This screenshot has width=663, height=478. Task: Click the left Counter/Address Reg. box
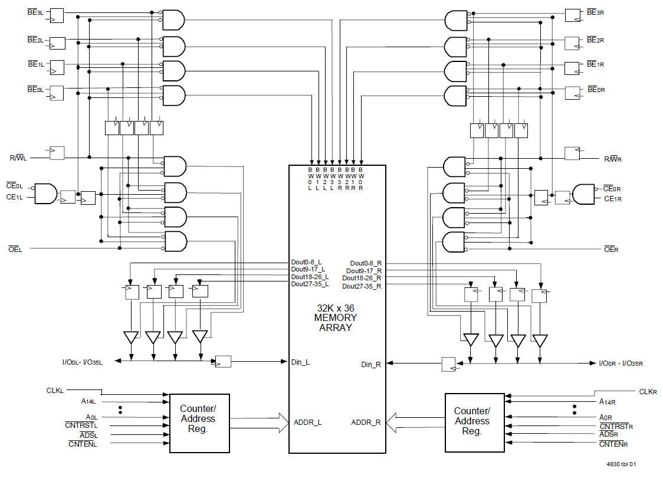pos(199,423)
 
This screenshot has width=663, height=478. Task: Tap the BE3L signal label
pos(35,12)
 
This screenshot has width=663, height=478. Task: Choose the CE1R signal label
pos(613,199)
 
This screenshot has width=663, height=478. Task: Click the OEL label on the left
pos(15,250)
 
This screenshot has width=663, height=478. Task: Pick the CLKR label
pos(648,391)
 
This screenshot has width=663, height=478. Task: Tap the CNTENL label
pos(83,444)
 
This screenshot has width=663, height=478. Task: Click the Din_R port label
pos(371,364)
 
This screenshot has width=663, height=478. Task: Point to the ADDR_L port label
pos(307,422)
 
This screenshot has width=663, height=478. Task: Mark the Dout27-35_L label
pos(310,284)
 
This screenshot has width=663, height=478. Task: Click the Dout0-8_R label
pos(365,263)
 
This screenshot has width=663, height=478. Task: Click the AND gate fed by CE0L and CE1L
pos(46,194)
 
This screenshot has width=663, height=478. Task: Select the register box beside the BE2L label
pos(57,43)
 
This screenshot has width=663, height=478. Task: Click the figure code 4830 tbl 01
pos(621,464)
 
